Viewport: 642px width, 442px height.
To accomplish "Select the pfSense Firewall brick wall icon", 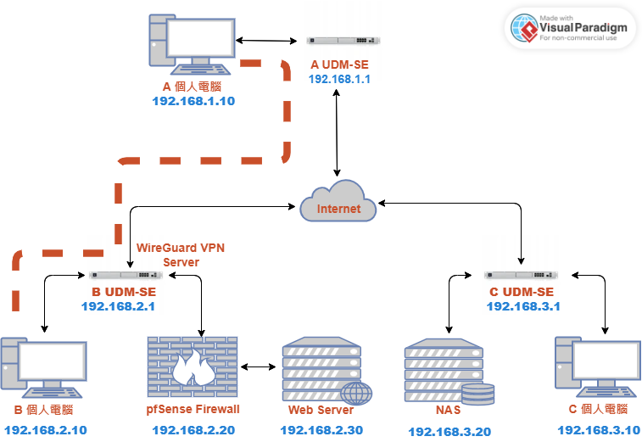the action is [x=193, y=367].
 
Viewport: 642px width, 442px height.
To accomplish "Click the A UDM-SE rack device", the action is [x=343, y=40].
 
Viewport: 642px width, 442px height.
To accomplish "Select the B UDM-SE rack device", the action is [x=126, y=275].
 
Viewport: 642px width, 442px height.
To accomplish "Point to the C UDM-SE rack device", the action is [x=521, y=275].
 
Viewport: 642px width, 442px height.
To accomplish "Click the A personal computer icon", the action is [x=192, y=45].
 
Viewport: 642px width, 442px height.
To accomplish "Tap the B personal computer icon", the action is [x=43, y=367].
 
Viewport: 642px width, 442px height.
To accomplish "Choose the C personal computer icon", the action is [x=598, y=367].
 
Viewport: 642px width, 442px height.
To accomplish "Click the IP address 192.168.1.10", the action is [x=193, y=101].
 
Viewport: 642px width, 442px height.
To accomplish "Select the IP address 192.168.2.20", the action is [x=193, y=430].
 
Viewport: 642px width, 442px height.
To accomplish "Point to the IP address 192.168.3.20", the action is [x=449, y=431].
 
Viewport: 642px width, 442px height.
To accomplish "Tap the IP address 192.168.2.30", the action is [x=321, y=430].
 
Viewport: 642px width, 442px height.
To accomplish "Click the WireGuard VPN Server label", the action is [x=181, y=255].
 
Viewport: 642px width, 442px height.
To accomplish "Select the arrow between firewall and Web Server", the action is [x=258, y=367].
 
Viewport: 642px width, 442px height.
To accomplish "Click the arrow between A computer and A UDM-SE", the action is [x=266, y=41].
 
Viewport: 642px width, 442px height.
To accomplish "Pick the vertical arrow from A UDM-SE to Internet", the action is [x=337, y=132].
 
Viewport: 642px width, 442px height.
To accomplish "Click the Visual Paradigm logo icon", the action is [x=524, y=28].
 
